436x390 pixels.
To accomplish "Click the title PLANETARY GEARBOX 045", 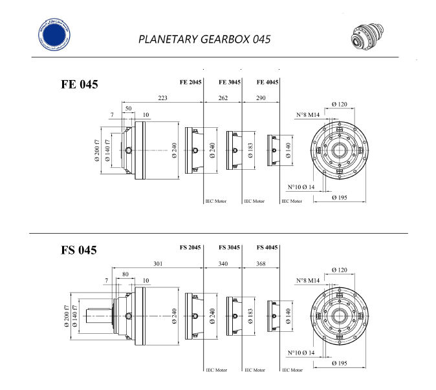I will click(204, 39).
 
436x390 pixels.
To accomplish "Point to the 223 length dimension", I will click(162, 97).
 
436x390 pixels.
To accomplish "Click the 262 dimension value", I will click(223, 97).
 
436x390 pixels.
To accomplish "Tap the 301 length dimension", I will click(157, 263).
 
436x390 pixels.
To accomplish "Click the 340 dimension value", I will click(223, 263).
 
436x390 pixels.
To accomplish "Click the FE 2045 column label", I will click(191, 82).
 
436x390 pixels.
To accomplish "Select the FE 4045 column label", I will click(268, 82).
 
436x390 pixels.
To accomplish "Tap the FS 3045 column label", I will click(230, 247).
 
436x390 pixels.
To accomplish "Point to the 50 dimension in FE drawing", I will click(129, 108).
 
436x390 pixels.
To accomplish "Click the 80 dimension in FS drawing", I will click(125, 274).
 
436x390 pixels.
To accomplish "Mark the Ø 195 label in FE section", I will click(340, 197).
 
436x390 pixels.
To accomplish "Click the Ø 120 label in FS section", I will click(340, 269).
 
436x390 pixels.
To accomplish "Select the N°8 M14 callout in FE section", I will click(309, 115).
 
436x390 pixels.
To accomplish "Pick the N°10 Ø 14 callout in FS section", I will click(301, 353).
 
